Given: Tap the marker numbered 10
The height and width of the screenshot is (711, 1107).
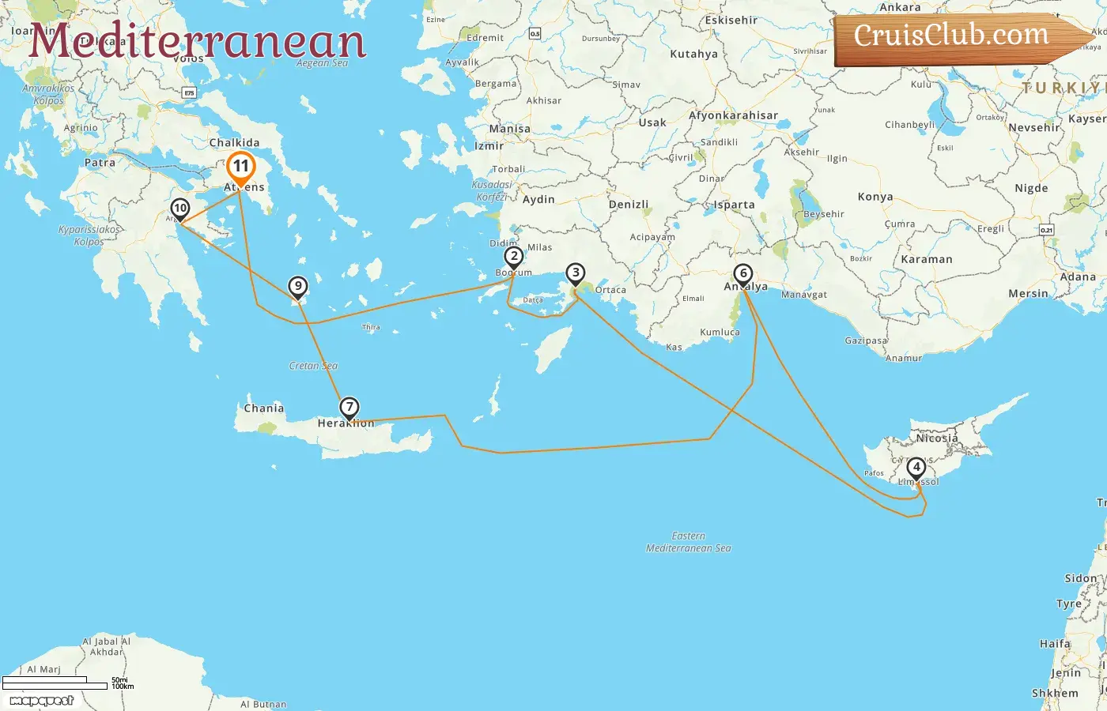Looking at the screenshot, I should point(180,209).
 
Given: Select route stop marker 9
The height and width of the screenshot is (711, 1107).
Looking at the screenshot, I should point(297,286).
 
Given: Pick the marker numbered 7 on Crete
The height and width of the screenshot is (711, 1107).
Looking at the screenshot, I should point(349,408).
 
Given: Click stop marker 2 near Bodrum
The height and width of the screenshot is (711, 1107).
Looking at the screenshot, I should point(514,256).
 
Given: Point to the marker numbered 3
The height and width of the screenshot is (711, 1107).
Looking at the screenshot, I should point(576,273).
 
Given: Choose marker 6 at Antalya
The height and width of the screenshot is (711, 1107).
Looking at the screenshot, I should point(742,274).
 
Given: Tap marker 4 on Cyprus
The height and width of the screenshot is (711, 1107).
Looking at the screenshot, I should point(916,467).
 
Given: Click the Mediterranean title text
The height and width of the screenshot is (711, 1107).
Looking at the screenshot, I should point(198,41).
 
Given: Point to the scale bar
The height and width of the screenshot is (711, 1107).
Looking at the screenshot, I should point(55,683).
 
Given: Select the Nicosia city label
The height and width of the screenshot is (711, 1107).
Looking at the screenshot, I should point(937,438).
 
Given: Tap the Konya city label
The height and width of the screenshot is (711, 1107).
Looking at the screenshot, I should point(875,197).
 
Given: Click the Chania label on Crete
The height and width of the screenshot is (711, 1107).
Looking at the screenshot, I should point(263,408).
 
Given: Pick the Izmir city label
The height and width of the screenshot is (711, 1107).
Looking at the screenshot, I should point(489,146).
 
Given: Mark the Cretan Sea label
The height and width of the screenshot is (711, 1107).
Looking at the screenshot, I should point(313,366).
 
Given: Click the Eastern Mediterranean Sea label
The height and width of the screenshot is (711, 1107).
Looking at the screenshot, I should point(689,542).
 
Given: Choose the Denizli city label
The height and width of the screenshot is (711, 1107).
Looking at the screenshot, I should point(629,205).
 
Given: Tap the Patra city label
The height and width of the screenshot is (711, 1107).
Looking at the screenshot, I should point(100,163).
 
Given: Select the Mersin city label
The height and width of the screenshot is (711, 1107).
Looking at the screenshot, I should point(1028,294).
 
